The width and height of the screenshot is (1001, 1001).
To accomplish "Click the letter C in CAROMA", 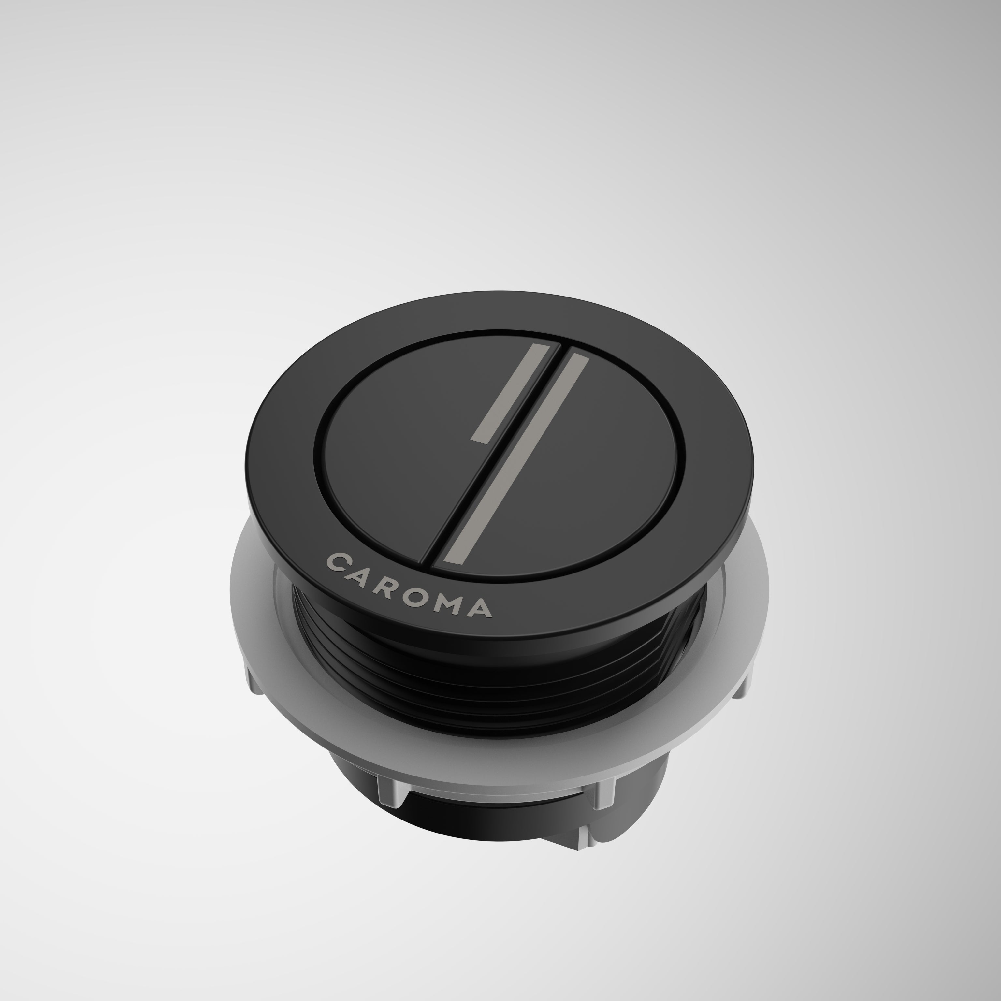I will pos(339,562).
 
